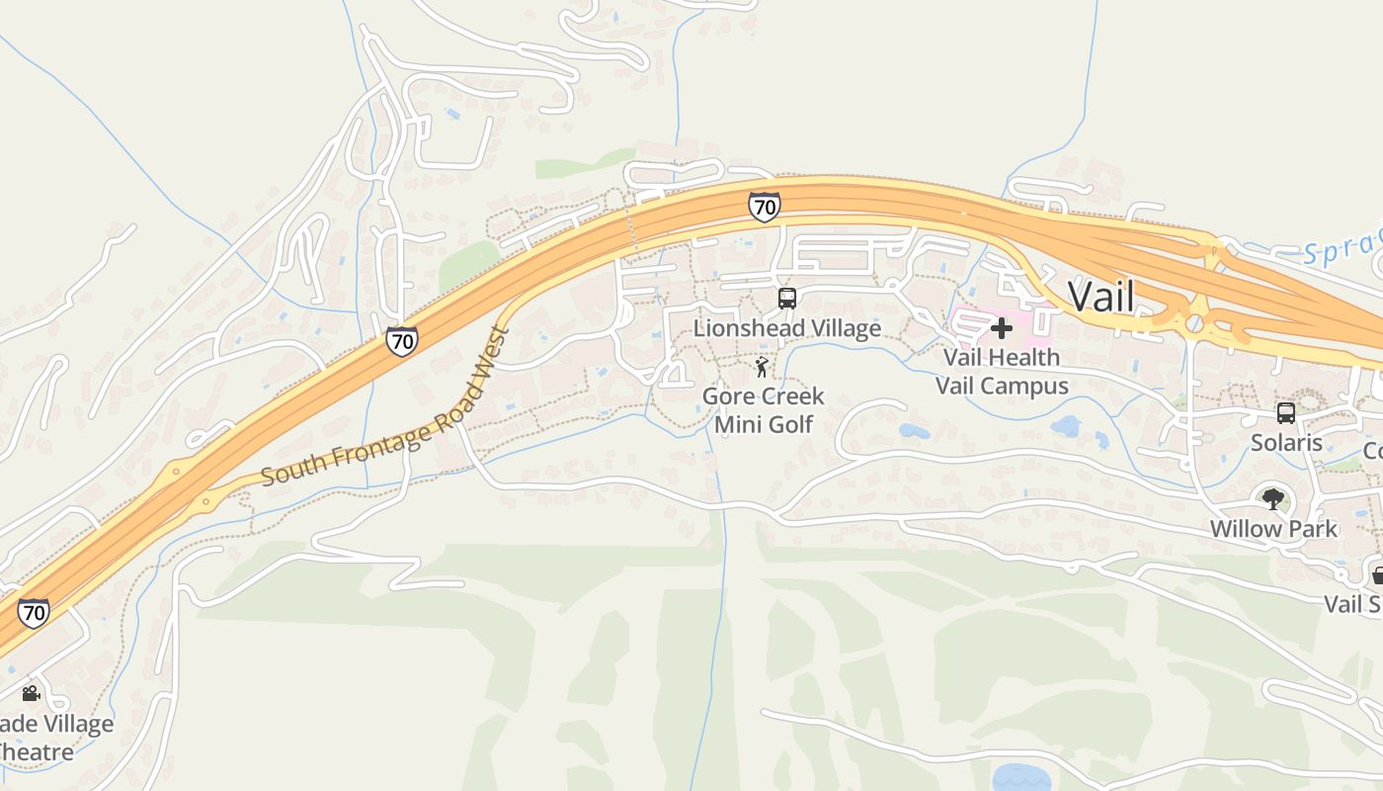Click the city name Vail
[x=1101, y=296]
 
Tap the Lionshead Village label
[x=786, y=327]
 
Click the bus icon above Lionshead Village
[x=787, y=299]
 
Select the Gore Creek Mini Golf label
[x=763, y=410]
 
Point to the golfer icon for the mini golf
[x=762, y=369]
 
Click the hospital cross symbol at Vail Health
[x=1001, y=327]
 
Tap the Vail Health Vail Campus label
[x=1001, y=371]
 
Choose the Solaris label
[x=1286, y=442]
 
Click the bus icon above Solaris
[x=1285, y=413]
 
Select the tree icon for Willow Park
[x=1273, y=499]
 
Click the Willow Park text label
[x=1273, y=529]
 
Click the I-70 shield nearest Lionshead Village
[x=764, y=207]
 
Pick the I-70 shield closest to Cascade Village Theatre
[x=34, y=612]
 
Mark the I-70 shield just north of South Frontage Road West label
[x=401, y=341]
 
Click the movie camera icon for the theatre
[x=31, y=693]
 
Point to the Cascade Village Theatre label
[x=49, y=738]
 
